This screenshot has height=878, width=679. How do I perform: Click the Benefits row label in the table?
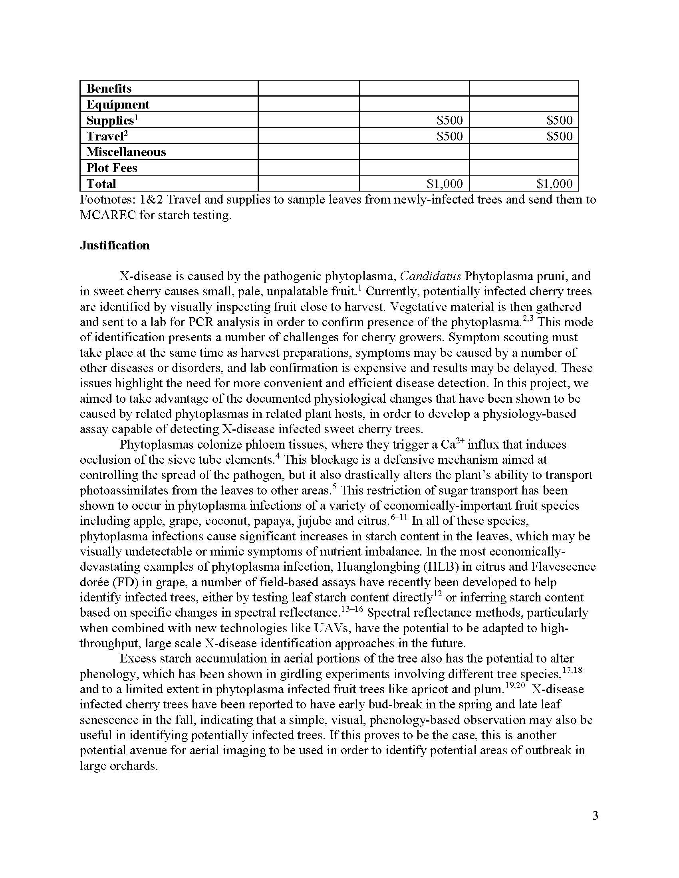tap(109, 89)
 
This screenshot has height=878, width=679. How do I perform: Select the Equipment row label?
tap(118, 105)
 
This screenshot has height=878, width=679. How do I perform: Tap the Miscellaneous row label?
tap(126, 152)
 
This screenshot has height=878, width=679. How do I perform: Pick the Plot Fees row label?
tap(112, 168)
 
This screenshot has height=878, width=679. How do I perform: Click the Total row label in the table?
tap(101, 184)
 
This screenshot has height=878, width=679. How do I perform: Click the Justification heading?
tap(115, 245)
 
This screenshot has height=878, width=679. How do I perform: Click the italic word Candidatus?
tap(431, 276)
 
